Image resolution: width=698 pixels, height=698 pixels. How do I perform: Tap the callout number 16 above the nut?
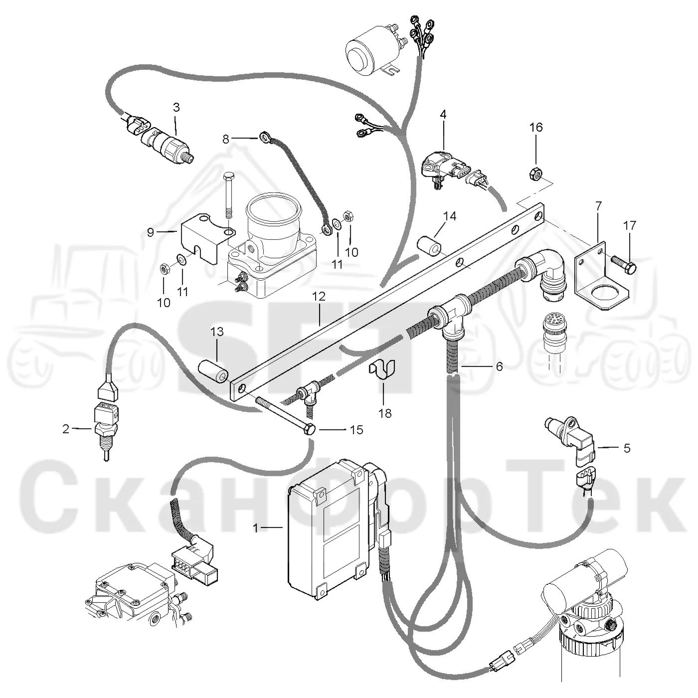click(536, 127)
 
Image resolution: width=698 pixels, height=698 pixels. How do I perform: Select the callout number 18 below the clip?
click(385, 413)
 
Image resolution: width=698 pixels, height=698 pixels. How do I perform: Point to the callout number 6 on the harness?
click(500, 366)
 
